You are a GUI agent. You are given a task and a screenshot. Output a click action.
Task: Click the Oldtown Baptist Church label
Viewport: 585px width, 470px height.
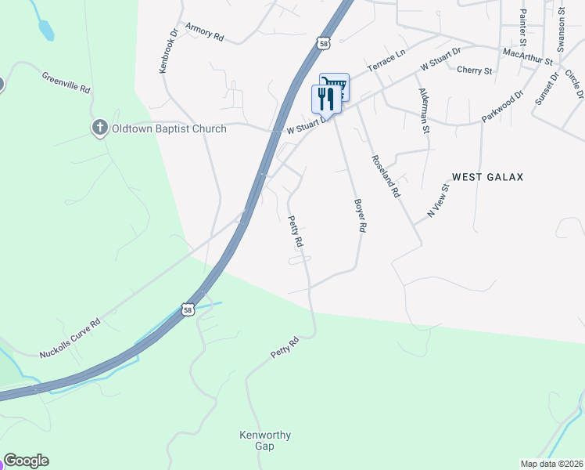click(x=169, y=128)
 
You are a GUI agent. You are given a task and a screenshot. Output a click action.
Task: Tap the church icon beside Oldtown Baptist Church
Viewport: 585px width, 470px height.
click(x=99, y=128)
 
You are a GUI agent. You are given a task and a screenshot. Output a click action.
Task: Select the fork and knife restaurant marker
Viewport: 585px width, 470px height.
click(x=327, y=99)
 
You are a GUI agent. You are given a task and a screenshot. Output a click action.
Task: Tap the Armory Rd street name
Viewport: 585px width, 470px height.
click(x=205, y=32)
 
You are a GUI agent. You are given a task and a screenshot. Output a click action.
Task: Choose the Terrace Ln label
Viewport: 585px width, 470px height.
click(x=387, y=65)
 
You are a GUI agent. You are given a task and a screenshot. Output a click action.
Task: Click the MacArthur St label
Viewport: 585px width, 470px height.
click(x=528, y=56)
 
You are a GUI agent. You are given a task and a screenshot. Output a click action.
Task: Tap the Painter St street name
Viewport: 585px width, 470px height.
click(x=523, y=25)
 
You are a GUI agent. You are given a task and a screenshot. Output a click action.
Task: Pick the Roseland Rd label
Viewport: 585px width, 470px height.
click(x=386, y=175)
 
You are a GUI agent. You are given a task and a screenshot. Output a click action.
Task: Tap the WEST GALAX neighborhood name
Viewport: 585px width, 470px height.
click(x=487, y=177)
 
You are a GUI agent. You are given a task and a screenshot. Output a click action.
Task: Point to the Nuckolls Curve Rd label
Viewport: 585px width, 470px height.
click(x=70, y=338)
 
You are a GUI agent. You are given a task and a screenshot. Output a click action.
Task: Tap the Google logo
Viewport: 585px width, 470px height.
click(x=26, y=461)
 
